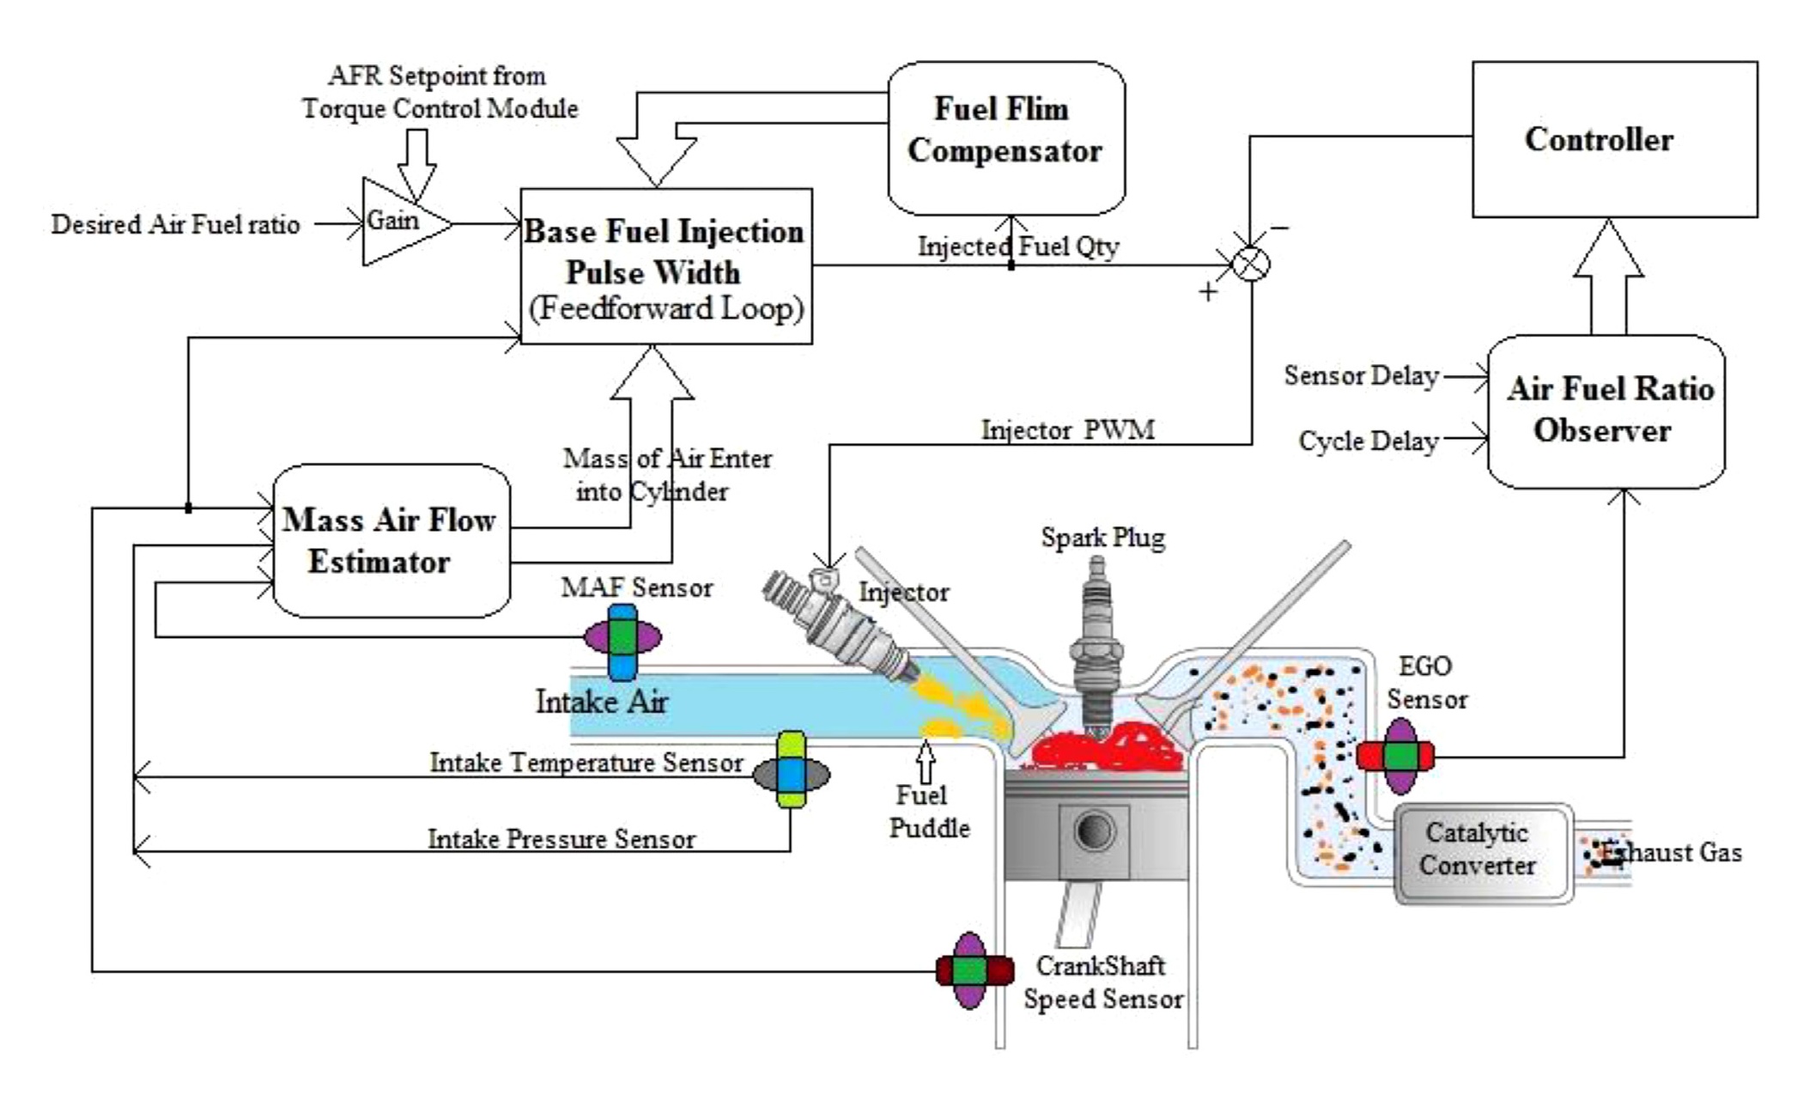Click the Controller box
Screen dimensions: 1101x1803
coord(1614,139)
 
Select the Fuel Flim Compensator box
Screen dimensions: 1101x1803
coord(1005,137)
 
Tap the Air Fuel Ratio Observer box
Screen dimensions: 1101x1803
coord(1606,411)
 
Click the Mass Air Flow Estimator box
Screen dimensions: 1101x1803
coord(391,540)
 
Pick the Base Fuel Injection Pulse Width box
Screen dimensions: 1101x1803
coord(665,266)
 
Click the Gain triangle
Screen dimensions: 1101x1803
coord(400,222)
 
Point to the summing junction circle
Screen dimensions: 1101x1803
coord(1251,263)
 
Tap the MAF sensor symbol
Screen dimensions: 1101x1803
coord(622,639)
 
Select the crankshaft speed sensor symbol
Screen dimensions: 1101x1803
coord(974,970)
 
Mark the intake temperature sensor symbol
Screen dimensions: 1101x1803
coord(791,770)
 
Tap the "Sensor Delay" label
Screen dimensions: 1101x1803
coord(1361,376)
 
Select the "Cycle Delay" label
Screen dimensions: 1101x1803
coord(1368,441)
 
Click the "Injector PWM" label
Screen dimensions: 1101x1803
coord(1067,429)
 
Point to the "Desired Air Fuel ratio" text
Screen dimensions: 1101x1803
coord(175,225)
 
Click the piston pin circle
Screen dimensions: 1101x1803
coord(1095,831)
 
